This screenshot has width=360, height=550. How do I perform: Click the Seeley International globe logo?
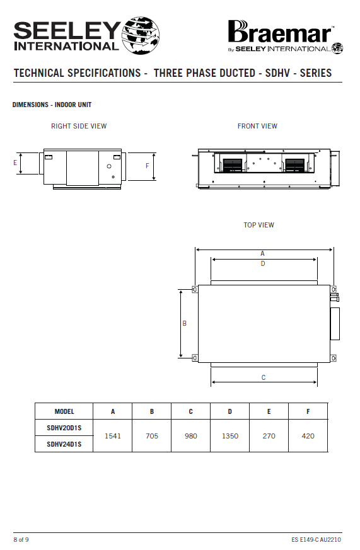141,35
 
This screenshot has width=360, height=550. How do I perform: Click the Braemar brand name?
281,32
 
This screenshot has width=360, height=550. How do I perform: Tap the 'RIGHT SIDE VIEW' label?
79,126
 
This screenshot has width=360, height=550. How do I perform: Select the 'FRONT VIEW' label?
257,126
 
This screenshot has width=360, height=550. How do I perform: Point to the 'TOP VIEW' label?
259,225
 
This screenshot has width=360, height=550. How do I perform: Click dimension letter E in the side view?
15,163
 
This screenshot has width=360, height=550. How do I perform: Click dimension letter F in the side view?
148,166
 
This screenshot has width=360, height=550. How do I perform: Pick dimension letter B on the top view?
185,323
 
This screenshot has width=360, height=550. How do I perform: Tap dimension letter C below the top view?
264,377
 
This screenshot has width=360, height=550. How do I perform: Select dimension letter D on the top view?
263,263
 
